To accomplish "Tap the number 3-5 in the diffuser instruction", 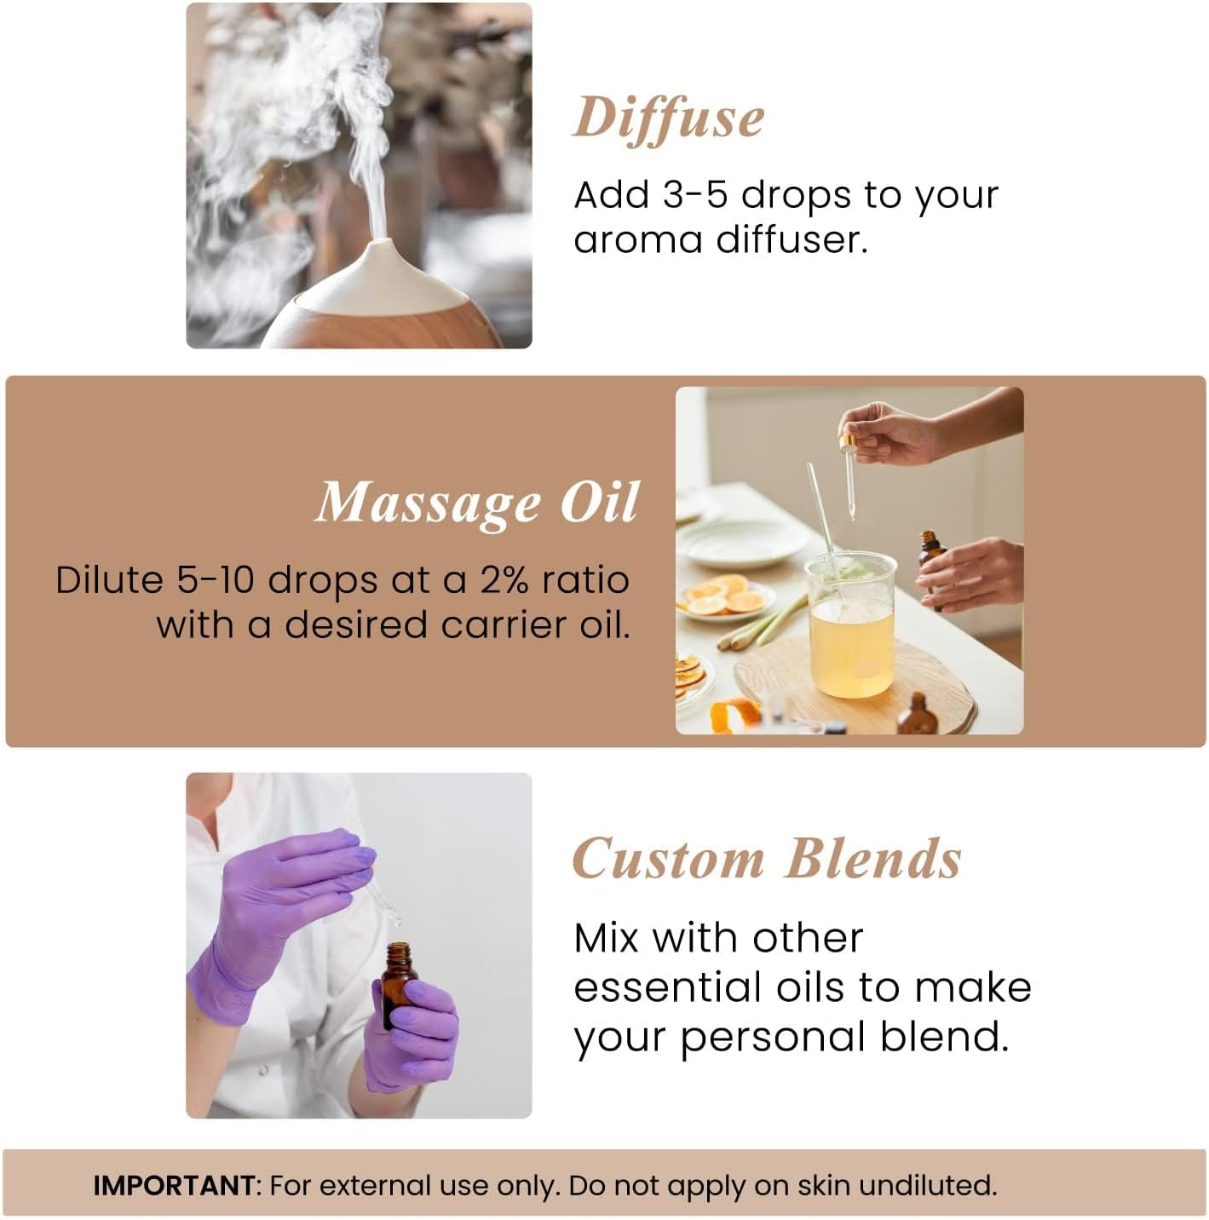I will click(694, 195).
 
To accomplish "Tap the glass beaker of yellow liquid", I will click(851, 626).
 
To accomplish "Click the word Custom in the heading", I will click(669, 858).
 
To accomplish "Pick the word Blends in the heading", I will click(873, 858).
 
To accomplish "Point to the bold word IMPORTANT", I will click(174, 1186).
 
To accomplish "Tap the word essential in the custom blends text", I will click(667, 987).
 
